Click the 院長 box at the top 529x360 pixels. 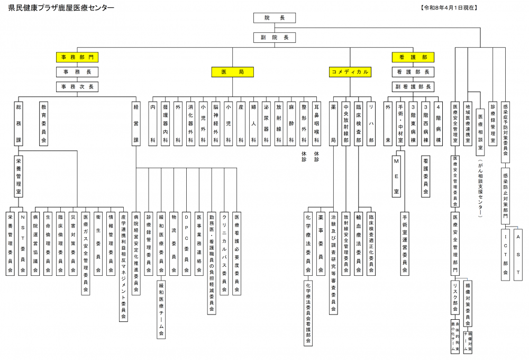(275, 18)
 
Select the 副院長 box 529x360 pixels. (275, 38)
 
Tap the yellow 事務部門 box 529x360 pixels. (77, 57)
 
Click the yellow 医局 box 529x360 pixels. (233, 71)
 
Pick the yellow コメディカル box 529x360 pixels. (350, 71)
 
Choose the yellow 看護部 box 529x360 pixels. (413, 57)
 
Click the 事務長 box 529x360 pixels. (77, 71)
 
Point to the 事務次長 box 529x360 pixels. (77, 86)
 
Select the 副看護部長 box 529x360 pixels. (413, 86)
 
